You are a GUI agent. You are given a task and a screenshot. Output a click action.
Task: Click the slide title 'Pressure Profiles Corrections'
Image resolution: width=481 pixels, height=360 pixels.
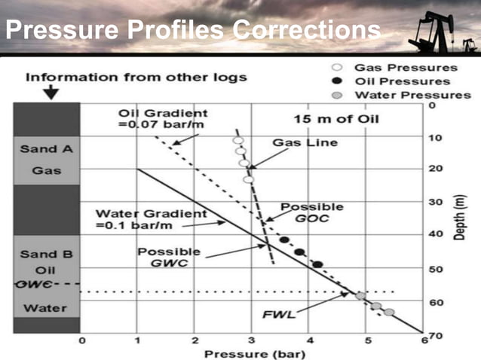(192, 31)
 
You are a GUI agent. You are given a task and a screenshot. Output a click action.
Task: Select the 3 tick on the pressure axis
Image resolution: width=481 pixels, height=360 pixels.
(252, 341)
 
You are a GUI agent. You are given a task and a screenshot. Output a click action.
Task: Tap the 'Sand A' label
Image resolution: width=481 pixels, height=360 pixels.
(47, 149)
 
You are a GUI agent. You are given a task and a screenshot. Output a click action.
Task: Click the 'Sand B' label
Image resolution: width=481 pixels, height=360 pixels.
(47, 254)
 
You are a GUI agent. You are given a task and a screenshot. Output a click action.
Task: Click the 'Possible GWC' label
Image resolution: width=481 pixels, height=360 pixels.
(169, 258)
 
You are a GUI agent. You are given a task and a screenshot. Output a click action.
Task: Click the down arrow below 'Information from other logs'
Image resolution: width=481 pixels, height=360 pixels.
(51, 93)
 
